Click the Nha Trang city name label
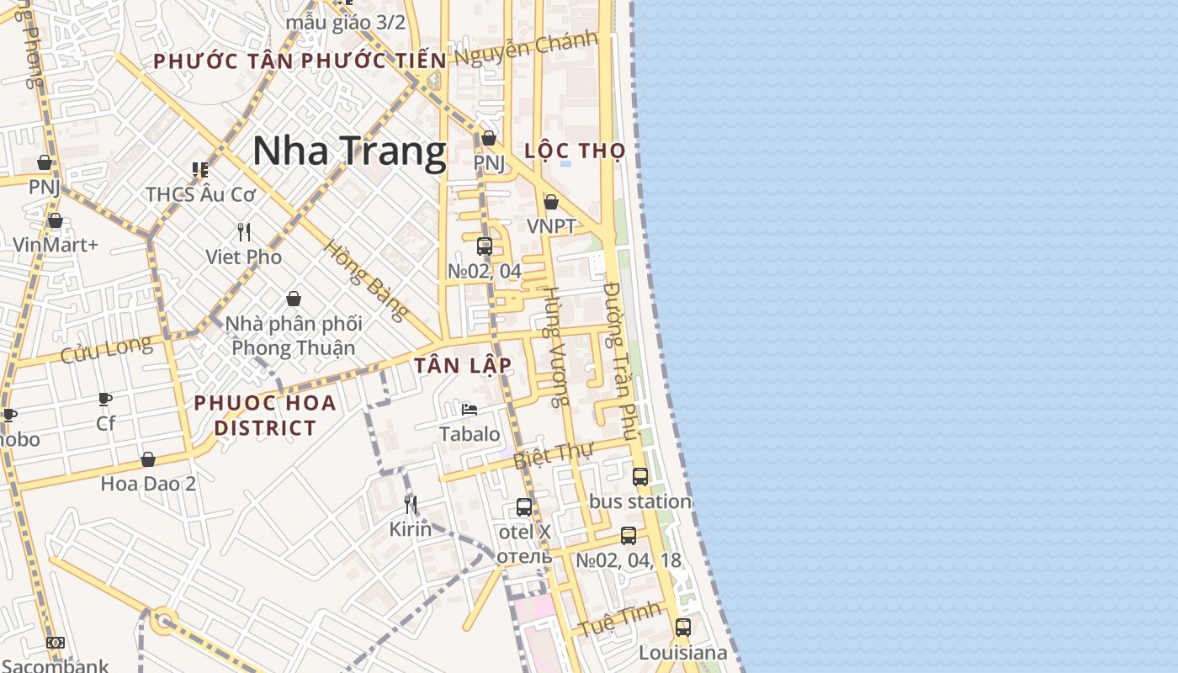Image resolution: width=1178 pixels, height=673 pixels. tap(349, 151)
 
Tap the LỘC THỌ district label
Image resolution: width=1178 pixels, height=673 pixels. tap(575, 151)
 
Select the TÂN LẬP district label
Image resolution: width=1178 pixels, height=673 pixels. tap(463, 366)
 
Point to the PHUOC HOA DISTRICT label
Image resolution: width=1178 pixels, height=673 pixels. tap(265, 415)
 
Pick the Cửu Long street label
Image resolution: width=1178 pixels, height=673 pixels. tap(106, 349)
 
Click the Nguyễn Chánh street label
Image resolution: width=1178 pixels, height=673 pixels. tap(526, 48)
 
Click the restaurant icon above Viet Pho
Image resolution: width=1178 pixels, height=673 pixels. tap(244, 231)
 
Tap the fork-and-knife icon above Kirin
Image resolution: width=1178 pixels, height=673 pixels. tap(411, 504)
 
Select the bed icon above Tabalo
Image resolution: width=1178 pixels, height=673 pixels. tap(470, 410)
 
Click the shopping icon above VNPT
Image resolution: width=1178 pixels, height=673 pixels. tap(551, 202)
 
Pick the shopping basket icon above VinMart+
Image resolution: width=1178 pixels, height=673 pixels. tap(56, 220)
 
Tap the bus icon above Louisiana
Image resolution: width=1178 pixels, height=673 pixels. tap(683, 628)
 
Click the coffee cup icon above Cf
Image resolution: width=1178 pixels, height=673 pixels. tap(105, 399)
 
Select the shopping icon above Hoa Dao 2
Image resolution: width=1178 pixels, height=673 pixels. tap(148, 459)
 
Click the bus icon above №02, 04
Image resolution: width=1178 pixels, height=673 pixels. tap(485, 246)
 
